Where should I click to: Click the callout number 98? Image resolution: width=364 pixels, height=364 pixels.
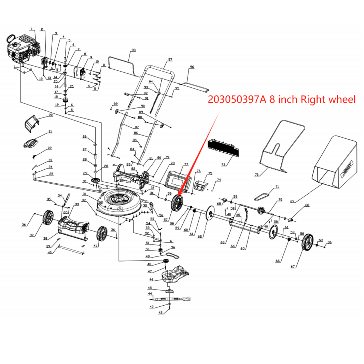click(133, 50)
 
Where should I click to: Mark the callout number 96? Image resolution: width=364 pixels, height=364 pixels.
click(192, 67)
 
